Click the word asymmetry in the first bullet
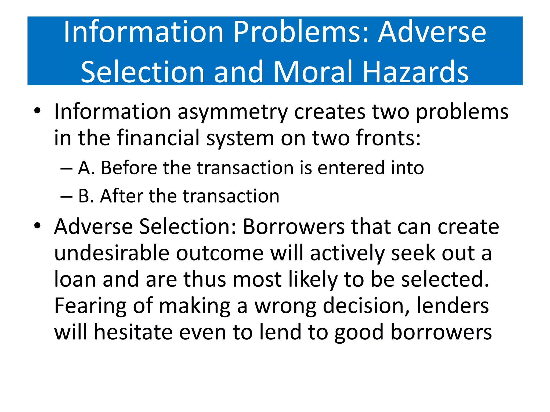(x=233, y=112)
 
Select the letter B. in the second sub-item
(x=86, y=196)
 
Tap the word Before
(x=129, y=168)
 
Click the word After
(x=122, y=196)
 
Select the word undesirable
(x=112, y=253)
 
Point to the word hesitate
(x=133, y=333)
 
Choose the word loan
(x=75, y=279)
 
